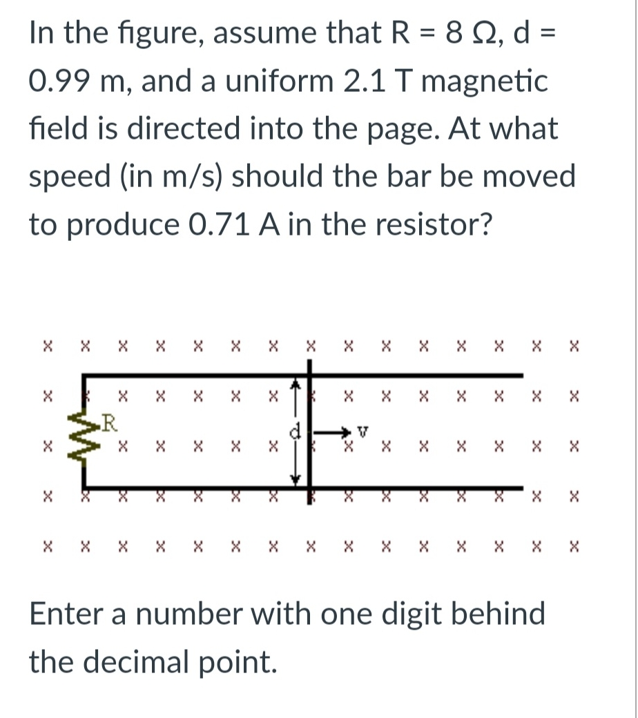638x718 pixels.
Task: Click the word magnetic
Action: point(483,81)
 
